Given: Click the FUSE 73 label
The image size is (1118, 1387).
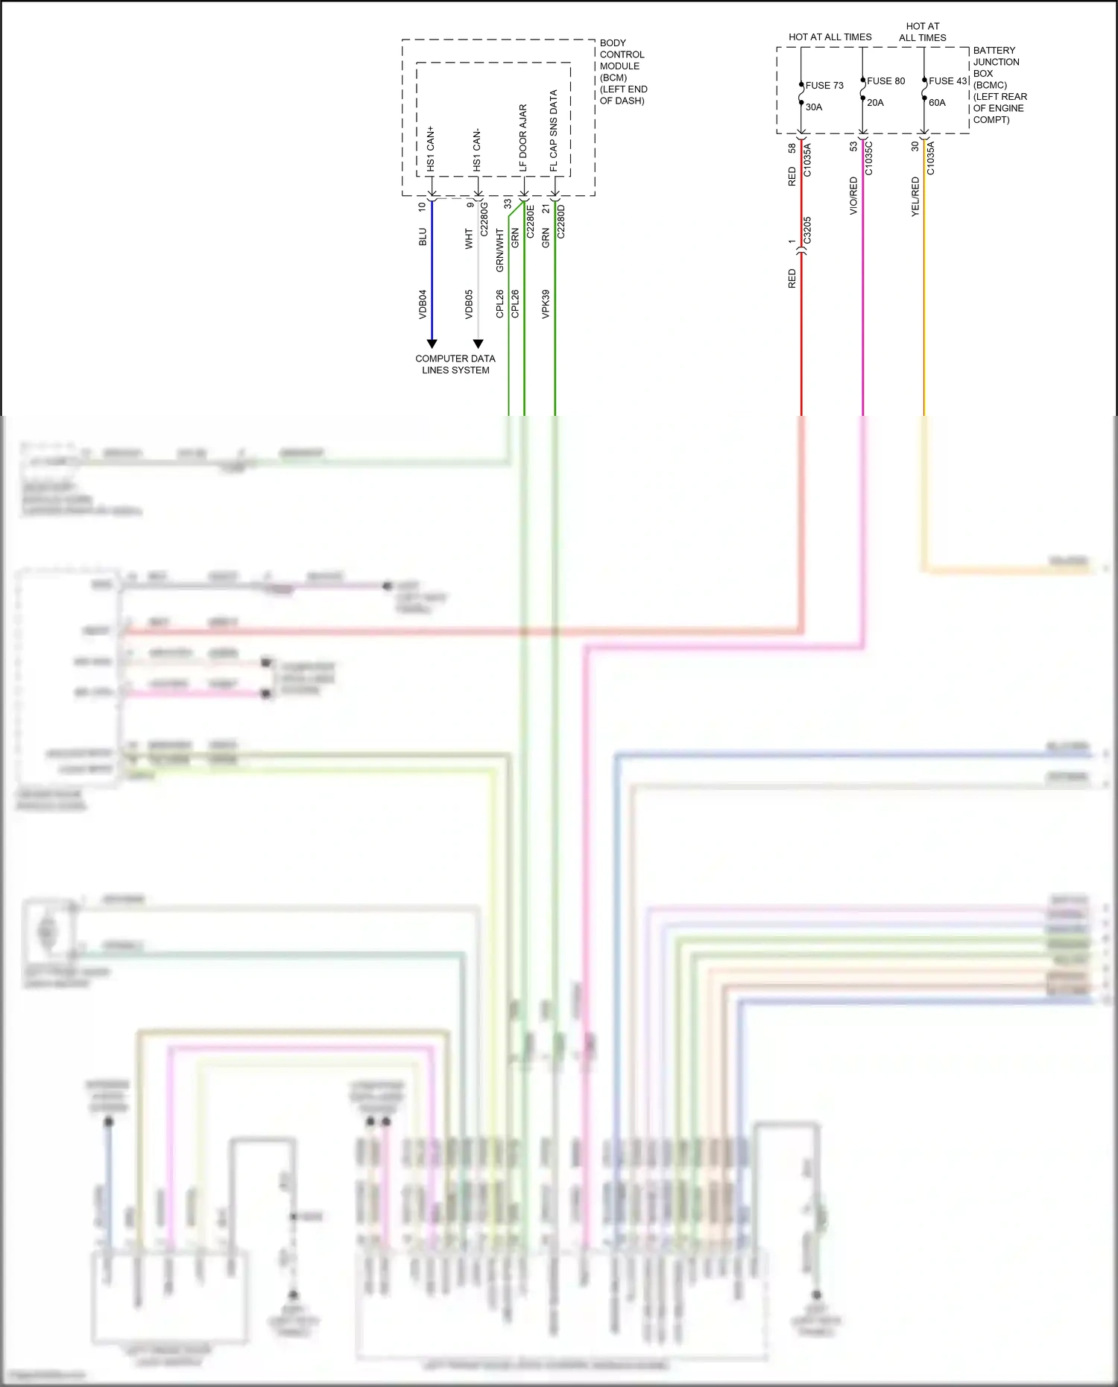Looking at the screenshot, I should [824, 86].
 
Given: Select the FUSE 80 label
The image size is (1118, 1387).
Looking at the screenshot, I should [885, 81].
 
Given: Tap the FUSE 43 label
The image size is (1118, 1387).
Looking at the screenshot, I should [947, 81].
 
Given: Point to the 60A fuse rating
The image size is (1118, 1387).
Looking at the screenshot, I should [937, 103].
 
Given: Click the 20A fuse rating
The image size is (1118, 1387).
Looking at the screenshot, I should [875, 103].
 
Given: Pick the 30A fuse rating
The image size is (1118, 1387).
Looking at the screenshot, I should [814, 107].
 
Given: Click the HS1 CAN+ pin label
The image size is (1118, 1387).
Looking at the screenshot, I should [431, 149].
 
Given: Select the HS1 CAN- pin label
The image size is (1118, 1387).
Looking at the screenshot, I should [477, 150].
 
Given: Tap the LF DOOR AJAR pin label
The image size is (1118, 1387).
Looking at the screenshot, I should [523, 138].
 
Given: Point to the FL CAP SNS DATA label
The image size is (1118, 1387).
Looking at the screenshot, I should [554, 131].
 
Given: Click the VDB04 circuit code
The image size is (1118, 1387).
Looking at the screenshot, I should [423, 304].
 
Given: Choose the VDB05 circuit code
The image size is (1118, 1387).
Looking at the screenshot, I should [469, 304].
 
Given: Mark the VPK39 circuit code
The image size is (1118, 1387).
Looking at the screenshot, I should [546, 304].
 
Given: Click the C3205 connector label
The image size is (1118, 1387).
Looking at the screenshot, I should [807, 231].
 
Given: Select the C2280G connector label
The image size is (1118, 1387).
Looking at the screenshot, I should [484, 219].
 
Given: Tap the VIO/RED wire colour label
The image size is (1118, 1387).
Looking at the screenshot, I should [853, 196].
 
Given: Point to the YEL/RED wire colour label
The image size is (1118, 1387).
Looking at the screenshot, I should [915, 197].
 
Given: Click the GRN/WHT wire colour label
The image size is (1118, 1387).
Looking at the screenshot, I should [499, 250].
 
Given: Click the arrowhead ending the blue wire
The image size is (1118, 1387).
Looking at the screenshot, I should [432, 344].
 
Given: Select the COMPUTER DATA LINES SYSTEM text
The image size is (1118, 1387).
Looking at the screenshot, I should [455, 364].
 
